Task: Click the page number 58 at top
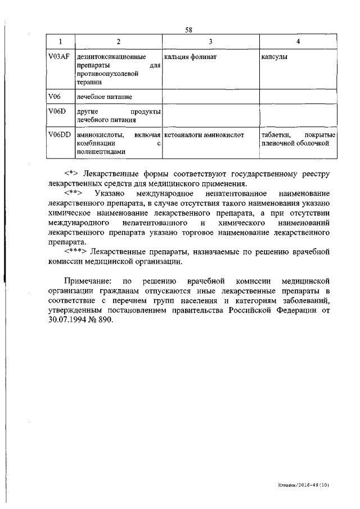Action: pos(188,30)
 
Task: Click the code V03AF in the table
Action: pos(57,57)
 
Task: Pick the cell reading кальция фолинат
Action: pos(191,57)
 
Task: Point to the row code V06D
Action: pos(57,111)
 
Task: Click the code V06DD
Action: pos(59,135)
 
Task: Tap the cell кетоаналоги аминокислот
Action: pos(204,135)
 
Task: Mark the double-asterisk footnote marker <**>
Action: pos(73,193)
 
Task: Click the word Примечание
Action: pos(88,280)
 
